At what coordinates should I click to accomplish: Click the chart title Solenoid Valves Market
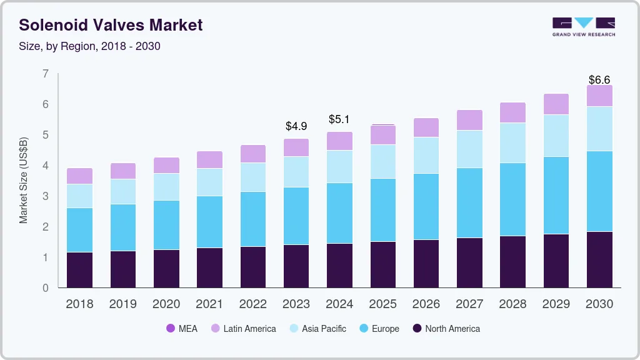click(x=111, y=25)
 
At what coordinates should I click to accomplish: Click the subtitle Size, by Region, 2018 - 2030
click(x=89, y=46)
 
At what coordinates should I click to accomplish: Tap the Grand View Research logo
click(x=583, y=26)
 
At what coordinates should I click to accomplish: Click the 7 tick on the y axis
click(x=46, y=74)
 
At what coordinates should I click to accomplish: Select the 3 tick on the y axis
click(x=46, y=196)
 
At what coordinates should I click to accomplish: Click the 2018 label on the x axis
click(x=79, y=304)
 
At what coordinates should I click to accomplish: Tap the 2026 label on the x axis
click(x=426, y=304)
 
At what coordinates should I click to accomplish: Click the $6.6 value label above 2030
click(x=599, y=80)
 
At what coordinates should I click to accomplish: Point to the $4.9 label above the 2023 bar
click(x=296, y=126)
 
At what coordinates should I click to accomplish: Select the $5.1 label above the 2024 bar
click(x=339, y=119)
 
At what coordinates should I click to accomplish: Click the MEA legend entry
click(x=181, y=328)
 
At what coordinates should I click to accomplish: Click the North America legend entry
click(x=446, y=328)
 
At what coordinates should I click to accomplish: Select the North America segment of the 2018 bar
click(x=79, y=270)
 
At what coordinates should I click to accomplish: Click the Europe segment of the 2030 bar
click(x=599, y=191)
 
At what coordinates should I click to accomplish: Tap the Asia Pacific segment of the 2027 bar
click(x=469, y=149)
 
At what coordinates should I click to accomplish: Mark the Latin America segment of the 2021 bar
click(x=209, y=159)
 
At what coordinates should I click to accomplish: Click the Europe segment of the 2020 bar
click(x=166, y=225)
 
